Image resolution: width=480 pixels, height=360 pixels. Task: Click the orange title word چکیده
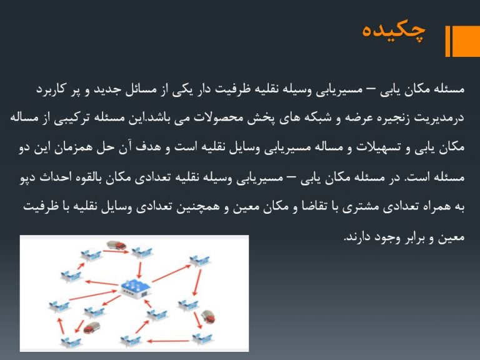tap(394, 31)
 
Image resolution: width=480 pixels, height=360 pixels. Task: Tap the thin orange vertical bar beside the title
tap(447, 41)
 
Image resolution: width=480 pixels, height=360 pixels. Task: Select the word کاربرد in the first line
tap(51, 89)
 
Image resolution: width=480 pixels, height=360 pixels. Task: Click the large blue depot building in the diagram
tap(136, 287)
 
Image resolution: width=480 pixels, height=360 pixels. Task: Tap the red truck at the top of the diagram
tap(116, 245)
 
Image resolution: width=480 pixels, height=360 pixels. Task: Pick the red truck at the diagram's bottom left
tap(92, 327)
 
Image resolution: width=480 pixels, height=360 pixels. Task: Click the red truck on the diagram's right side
tap(208, 316)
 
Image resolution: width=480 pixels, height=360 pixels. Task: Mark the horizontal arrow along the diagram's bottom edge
tap(168, 341)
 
